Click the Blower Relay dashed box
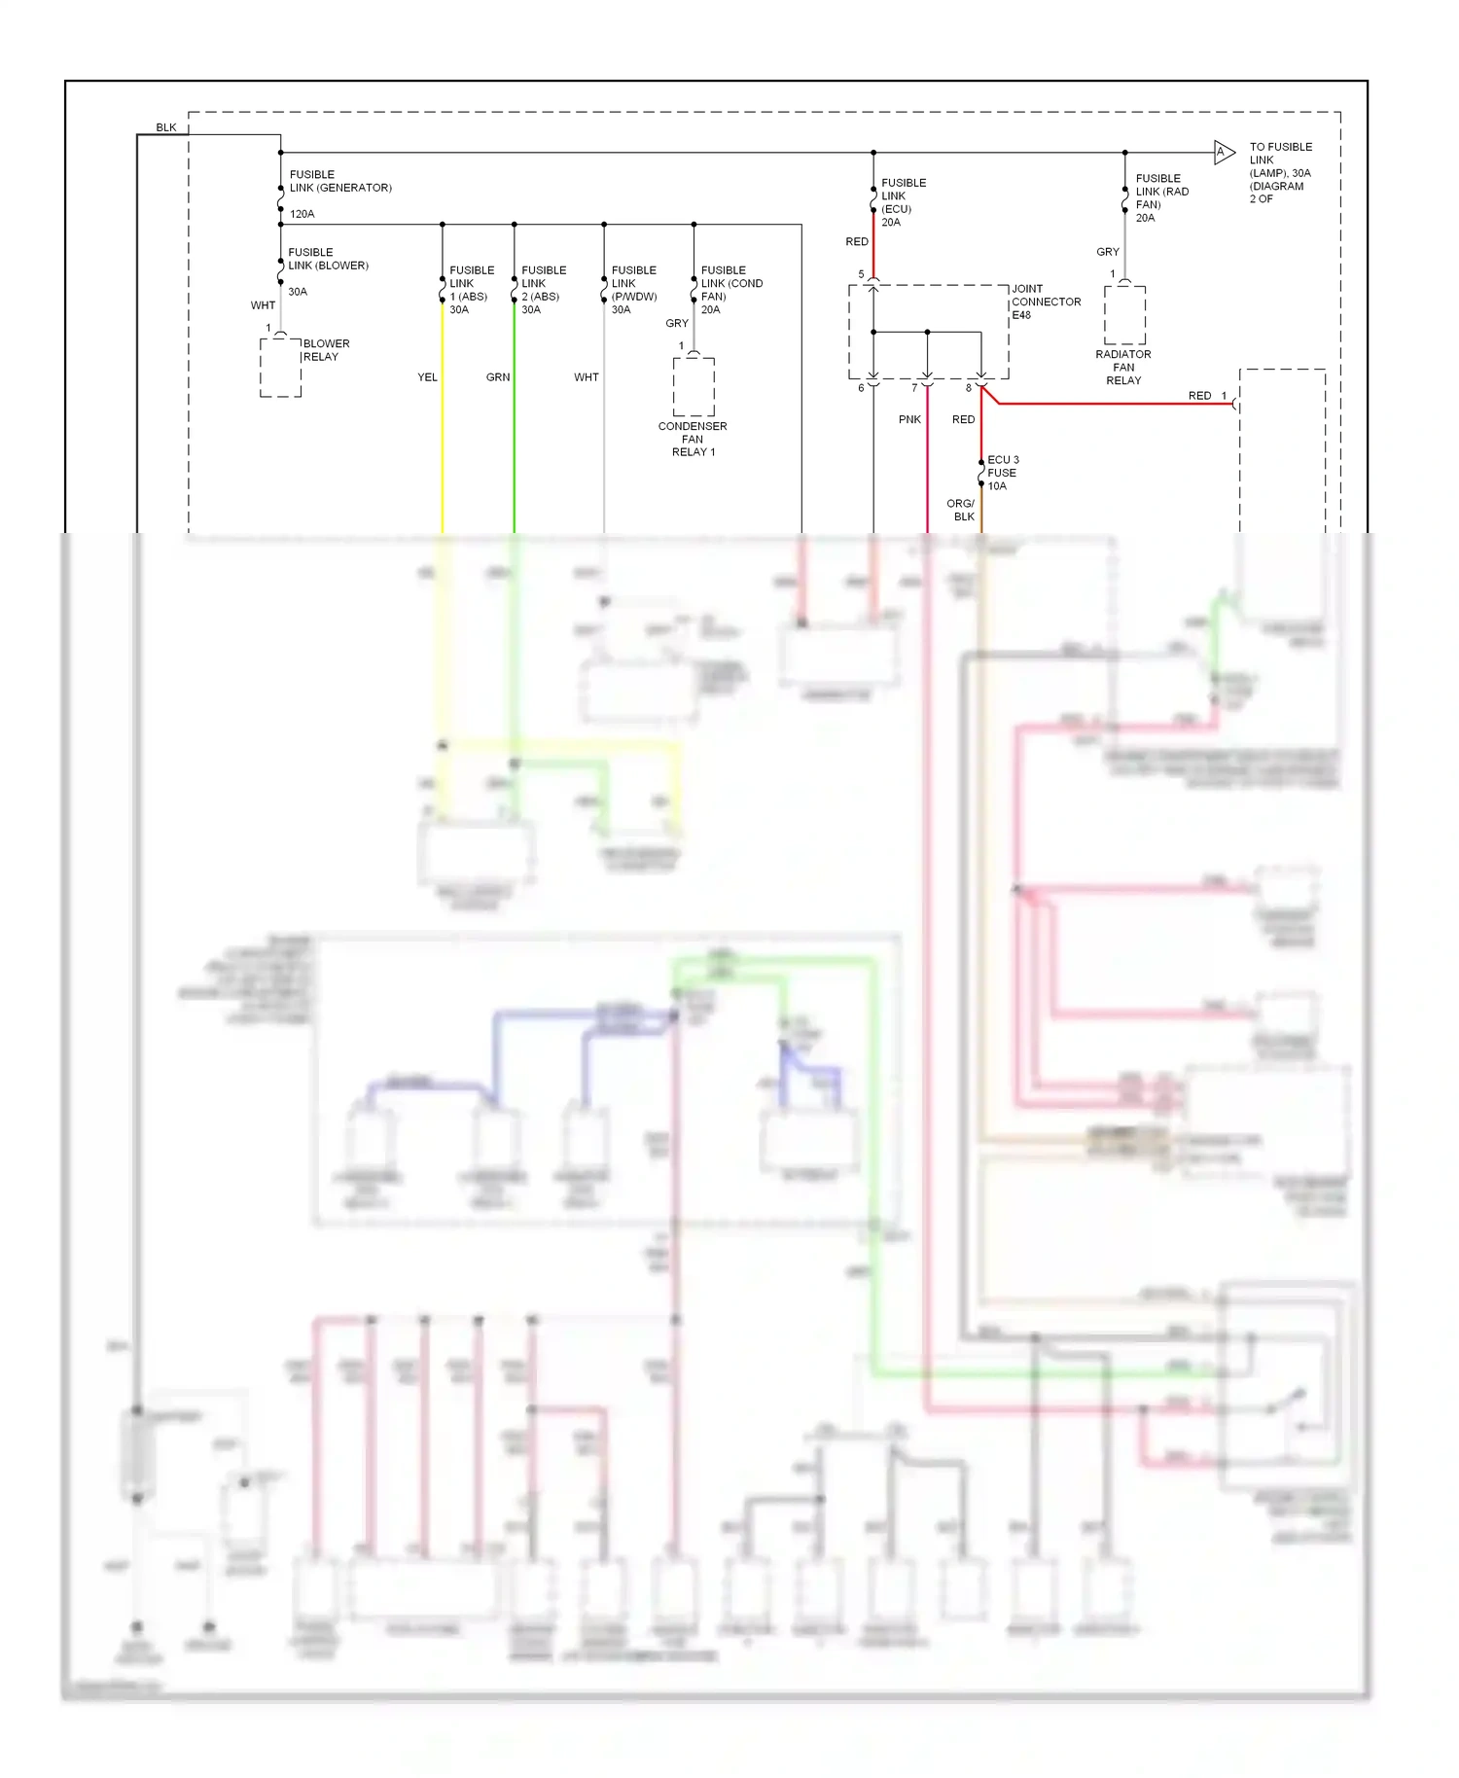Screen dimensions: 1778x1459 tap(280, 367)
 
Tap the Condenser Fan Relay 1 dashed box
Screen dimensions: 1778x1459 tap(694, 386)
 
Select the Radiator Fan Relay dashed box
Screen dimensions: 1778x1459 tap(1124, 314)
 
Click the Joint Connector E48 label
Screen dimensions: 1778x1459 tap(1045, 302)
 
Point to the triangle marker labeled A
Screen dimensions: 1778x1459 tap(1223, 152)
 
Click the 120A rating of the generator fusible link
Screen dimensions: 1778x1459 tap(302, 214)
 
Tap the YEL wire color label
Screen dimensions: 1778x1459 tap(427, 377)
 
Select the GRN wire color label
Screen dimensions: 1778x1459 tap(498, 377)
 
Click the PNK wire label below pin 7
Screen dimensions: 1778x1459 tap(909, 419)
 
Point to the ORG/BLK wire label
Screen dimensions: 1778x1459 tap(962, 510)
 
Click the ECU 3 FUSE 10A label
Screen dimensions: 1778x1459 tap(1003, 473)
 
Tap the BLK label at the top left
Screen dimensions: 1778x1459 tap(166, 127)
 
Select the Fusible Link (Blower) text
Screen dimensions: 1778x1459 tap(328, 259)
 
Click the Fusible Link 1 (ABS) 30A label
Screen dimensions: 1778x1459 tap(471, 290)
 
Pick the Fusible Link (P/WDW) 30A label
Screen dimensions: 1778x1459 tap(633, 290)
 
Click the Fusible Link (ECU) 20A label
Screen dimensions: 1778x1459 tap(903, 202)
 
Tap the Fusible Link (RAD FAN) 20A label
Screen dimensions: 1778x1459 tap(1160, 197)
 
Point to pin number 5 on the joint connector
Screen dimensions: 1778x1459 tap(861, 274)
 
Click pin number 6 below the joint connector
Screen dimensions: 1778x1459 tap(861, 388)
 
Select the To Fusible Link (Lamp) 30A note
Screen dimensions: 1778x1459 tap(1279, 172)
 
